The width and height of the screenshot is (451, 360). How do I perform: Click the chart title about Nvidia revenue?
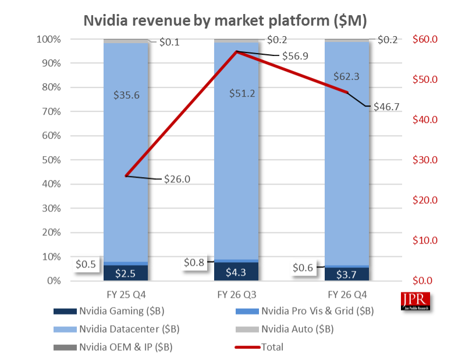[225, 20]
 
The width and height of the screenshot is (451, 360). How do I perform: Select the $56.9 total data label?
[295, 57]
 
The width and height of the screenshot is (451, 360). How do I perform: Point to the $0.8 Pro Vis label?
[194, 263]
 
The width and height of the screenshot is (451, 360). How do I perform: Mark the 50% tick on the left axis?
[49, 160]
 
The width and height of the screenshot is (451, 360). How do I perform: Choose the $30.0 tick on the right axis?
[425, 160]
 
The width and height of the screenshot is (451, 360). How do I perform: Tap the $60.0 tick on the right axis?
[425, 40]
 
